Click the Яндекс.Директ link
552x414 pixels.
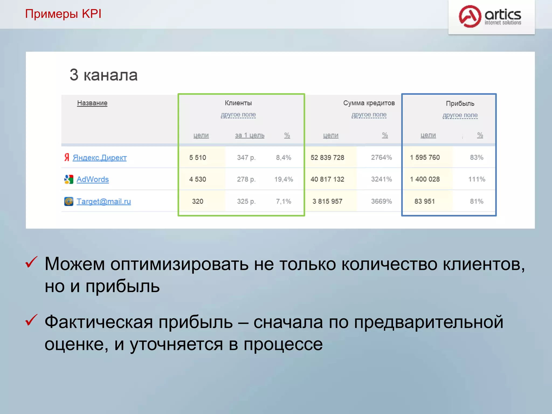[99, 158]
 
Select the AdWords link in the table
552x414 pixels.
[92, 180]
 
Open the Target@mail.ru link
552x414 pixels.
[103, 201]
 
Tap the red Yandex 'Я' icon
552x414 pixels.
[67, 157]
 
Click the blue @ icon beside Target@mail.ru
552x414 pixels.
[69, 201]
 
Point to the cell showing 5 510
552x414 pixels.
[198, 158]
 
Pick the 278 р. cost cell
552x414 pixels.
[246, 180]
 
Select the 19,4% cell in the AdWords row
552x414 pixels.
[284, 180]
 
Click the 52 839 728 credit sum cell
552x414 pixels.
[327, 158]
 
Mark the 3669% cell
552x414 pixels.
[381, 201]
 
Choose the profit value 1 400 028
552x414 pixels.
[425, 180]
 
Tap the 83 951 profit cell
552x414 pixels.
[425, 201]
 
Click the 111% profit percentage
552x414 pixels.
[477, 180]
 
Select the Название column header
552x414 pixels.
[92, 103]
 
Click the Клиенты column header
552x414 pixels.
[238, 103]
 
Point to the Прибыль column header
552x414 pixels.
[460, 103]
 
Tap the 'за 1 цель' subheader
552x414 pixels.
[250, 135]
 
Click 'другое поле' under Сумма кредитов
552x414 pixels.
[369, 115]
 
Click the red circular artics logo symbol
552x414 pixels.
[470, 16]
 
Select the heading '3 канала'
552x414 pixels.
[103, 75]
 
